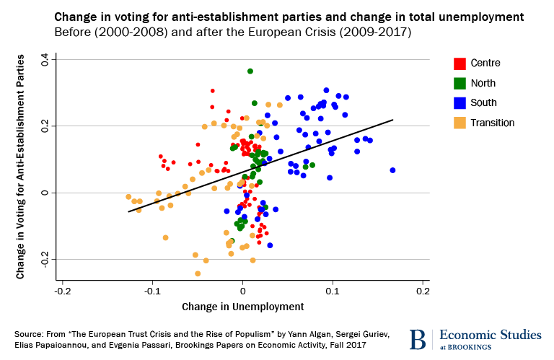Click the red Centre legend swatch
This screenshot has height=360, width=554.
pyautogui.click(x=460, y=63)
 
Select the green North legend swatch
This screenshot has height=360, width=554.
pyautogui.click(x=460, y=83)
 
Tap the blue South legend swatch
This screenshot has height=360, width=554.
pyautogui.click(x=460, y=102)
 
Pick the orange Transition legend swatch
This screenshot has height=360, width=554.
pyautogui.click(x=460, y=123)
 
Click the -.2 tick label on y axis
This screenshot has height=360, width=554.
pyautogui.click(x=45, y=260)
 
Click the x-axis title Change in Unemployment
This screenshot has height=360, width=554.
pyautogui.click(x=242, y=307)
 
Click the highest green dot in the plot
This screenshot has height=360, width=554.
pyautogui.click(x=250, y=71)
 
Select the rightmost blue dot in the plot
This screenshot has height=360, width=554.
pyautogui.click(x=393, y=170)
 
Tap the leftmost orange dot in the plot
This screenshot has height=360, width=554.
pyautogui.click(x=128, y=196)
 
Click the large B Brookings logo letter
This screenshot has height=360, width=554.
pyautogui.click(x=417, y=339)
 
